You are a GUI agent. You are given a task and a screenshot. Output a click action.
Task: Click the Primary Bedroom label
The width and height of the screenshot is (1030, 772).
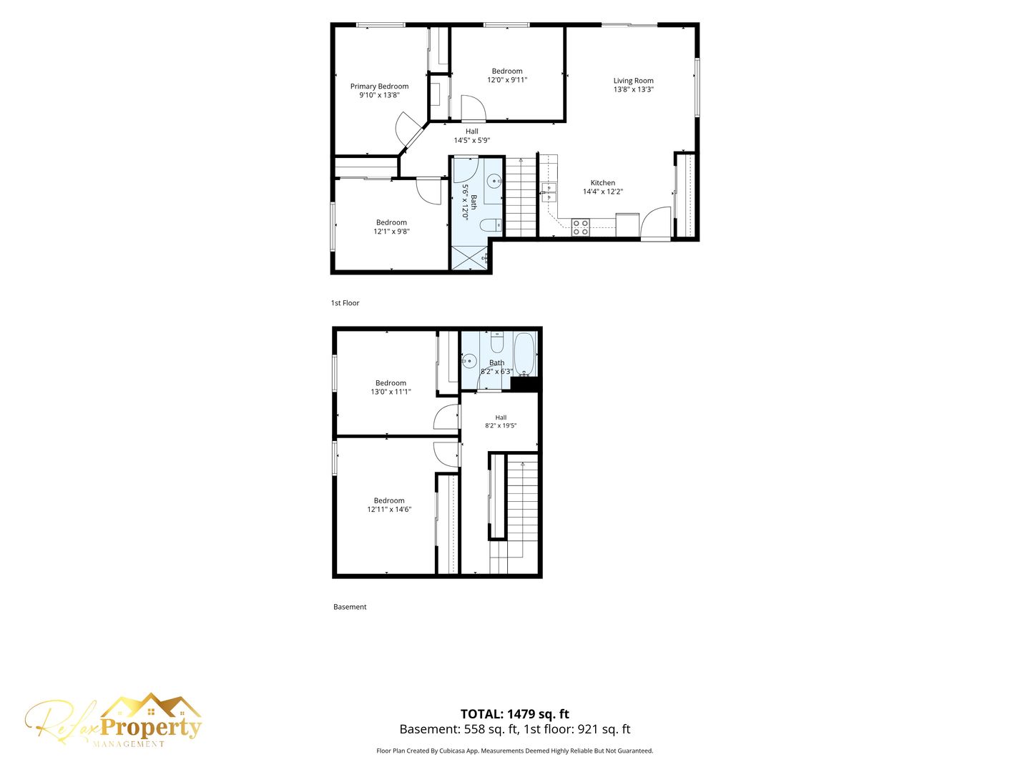379,86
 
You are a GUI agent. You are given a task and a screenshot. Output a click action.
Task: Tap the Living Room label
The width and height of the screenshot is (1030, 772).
633,81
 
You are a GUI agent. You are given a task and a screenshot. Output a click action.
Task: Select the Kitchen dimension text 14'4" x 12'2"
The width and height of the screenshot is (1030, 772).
602,192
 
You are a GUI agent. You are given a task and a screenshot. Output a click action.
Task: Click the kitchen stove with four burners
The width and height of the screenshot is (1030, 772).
581,227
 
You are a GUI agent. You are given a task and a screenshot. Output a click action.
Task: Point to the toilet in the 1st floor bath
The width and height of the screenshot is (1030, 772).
491,225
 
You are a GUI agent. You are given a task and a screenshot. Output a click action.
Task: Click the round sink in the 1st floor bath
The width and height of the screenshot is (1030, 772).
494,180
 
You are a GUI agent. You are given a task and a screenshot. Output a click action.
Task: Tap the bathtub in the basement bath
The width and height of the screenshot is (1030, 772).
525,354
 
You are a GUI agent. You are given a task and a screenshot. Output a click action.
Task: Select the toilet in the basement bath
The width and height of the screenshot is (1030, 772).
496,342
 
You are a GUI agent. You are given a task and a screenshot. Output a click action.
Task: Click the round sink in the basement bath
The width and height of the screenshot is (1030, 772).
469,361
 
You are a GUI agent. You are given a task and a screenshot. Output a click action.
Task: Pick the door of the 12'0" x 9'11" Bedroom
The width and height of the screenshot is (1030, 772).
473,108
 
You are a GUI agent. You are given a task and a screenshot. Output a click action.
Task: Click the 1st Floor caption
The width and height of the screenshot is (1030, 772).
345,303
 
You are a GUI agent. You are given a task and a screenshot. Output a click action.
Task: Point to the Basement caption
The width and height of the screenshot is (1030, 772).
350,607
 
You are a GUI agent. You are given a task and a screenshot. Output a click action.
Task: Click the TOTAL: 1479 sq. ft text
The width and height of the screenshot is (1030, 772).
515,714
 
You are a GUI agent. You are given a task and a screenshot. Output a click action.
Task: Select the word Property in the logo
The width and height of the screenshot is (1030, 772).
151,728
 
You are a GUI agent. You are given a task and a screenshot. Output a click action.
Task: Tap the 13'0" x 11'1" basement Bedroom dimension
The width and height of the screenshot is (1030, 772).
391,392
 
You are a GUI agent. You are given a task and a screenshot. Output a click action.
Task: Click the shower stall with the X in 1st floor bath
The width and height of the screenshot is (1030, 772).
470,257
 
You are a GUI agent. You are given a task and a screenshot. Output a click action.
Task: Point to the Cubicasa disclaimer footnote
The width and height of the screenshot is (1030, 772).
515,751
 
